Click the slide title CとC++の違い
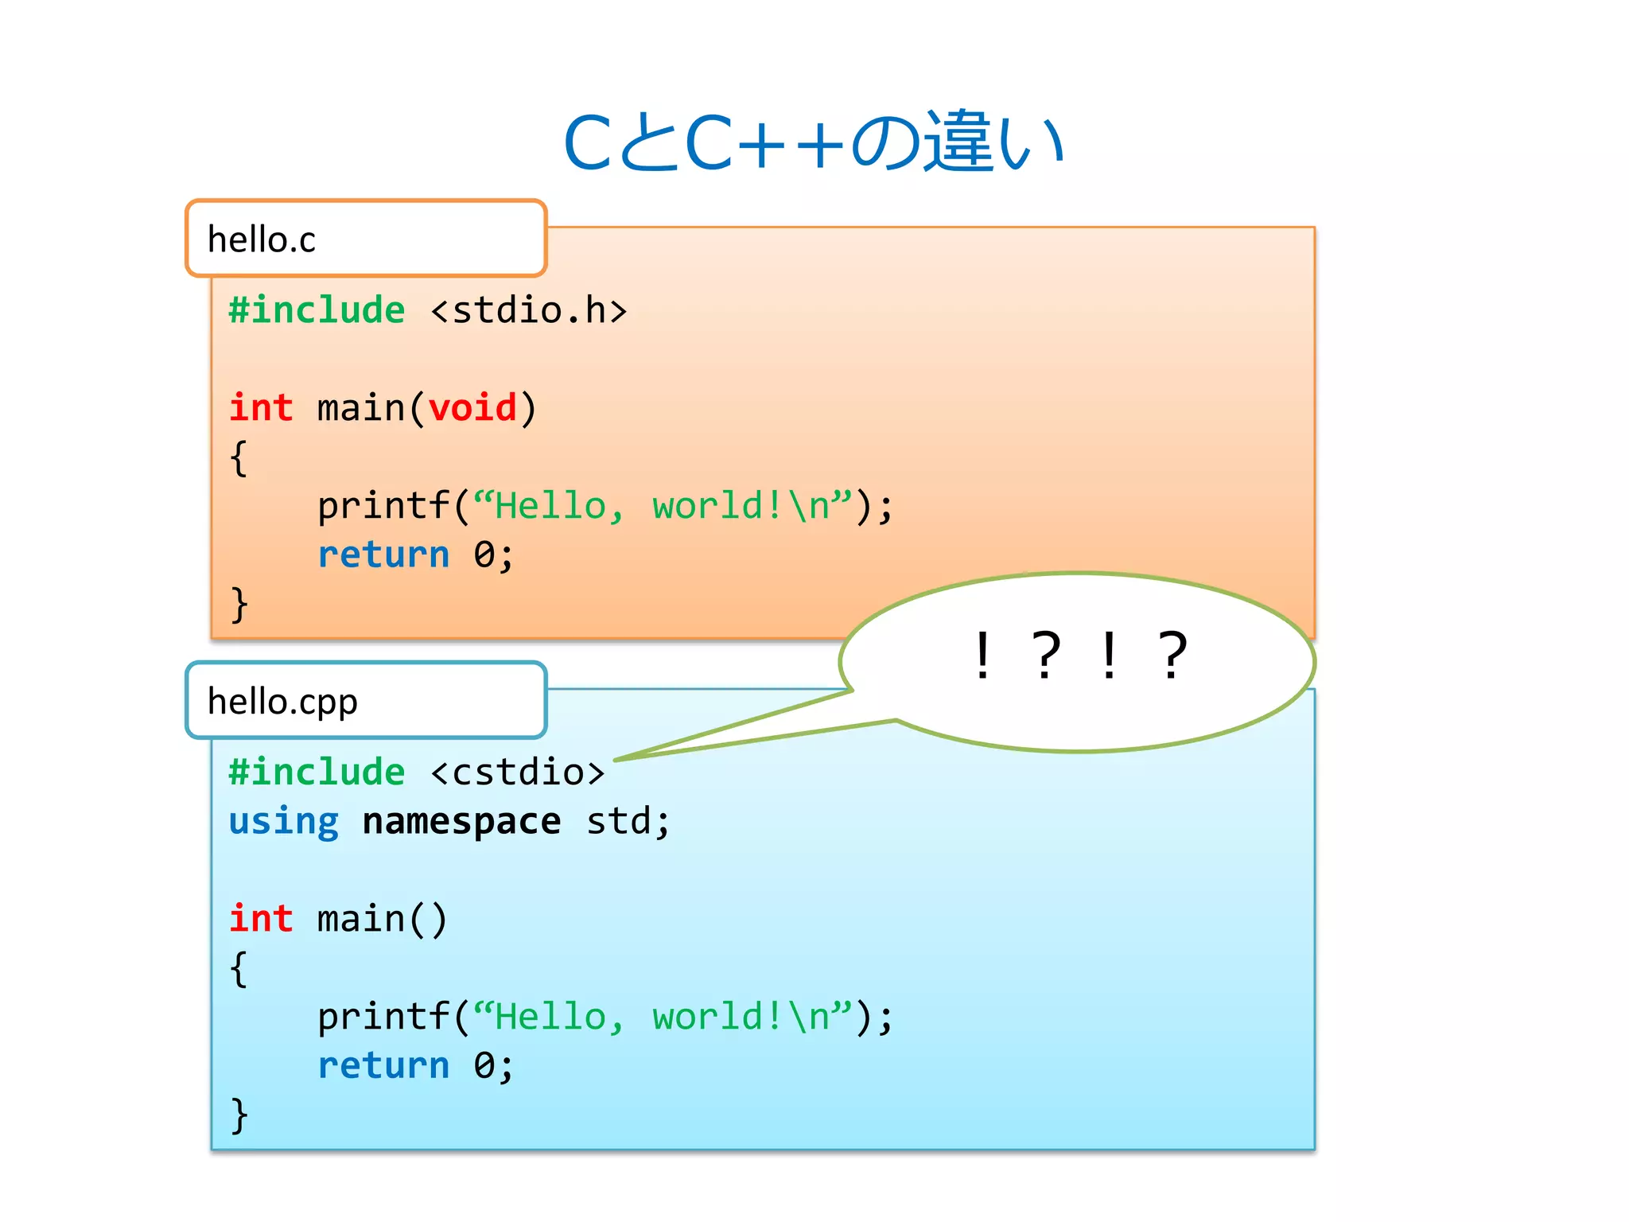[813, 143]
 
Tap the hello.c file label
[261, 239]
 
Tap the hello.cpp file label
[282, 702]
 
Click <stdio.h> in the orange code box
[528, 310]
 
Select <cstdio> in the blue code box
[517, 773]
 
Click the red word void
[472, 408]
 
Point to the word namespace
[461, 821]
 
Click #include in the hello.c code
[317, 310]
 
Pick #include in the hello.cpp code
[317, 773]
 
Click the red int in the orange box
[261, 408]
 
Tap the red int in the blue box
[261, 919]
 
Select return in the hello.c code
[383, 555]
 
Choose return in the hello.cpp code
[383, 1066]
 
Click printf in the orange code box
[383, 507]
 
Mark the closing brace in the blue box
[239, 1115]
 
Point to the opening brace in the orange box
[239, 458]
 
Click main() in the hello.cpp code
[382, 920]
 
